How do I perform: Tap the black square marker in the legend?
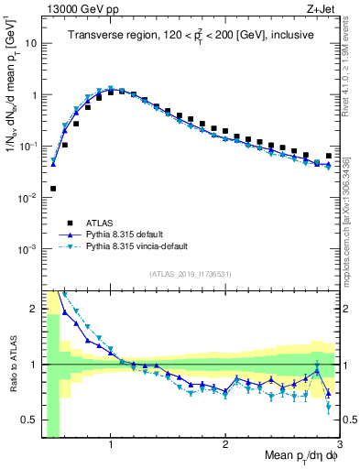(70, 222)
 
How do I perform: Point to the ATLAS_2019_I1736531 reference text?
(191, 274)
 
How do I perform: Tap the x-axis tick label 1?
(111, 436)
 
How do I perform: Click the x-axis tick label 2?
(225, 436)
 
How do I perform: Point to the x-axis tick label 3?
(339, 436)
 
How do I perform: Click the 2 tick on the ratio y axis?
(33, 309)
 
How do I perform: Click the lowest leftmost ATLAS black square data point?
(53, 189)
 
